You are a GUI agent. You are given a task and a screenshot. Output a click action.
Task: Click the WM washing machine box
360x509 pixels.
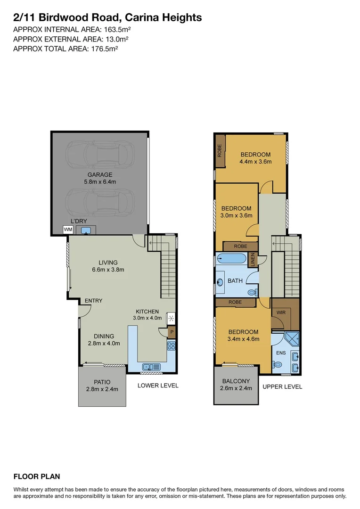[68, 230]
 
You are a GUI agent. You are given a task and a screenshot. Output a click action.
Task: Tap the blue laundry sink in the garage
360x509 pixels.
[86, 230]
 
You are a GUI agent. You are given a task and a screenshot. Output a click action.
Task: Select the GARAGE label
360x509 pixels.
[99, 174]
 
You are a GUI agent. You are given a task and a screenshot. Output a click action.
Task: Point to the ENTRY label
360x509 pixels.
[93, 301]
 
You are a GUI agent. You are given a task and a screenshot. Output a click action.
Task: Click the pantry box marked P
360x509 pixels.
[172, 332]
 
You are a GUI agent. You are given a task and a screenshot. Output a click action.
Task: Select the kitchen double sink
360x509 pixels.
[152, 366]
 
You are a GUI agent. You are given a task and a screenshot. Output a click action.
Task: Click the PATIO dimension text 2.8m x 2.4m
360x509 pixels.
[102, 389]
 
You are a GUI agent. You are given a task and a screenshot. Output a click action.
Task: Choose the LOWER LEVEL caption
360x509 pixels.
[158, 386]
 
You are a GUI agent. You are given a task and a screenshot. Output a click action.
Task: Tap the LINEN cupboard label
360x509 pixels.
[253, 260]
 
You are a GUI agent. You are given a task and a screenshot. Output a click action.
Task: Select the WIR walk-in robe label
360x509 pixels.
[280, 312]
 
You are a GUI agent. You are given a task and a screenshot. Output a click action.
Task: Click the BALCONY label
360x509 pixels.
[236, 381]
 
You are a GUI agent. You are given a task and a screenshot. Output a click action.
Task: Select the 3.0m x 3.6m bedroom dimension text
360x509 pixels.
[237, 215]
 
